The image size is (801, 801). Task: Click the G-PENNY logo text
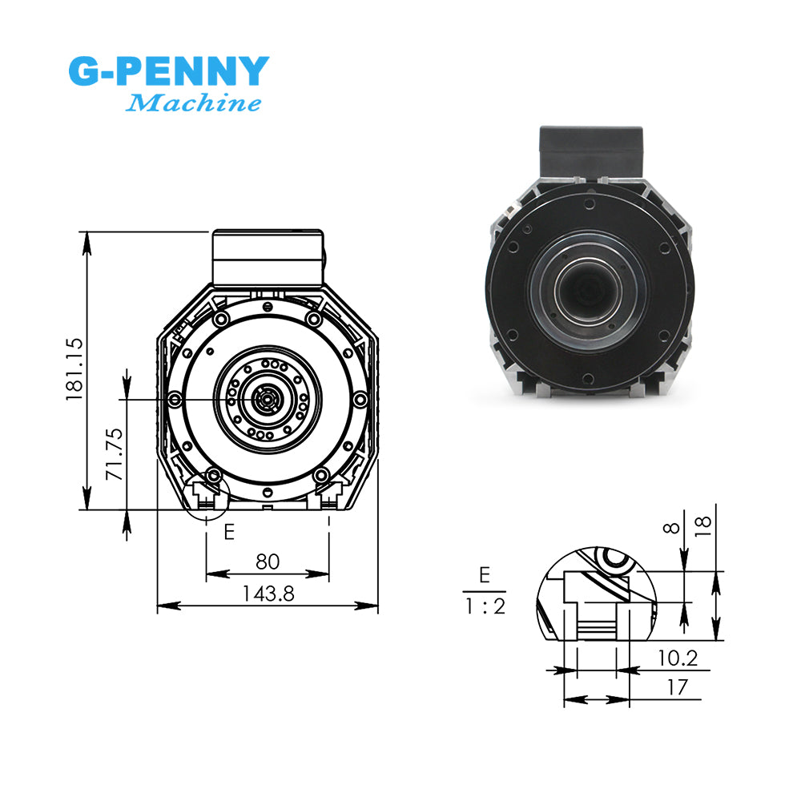click(x=167, y=71)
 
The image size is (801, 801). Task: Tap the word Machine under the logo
click(x=194, y=103)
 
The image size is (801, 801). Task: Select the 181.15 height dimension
click(x=74, y=368)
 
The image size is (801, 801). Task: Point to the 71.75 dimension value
click(x=115, y=453)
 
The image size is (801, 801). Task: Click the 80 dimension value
click(x=268, y=562)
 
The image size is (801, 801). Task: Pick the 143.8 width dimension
click(x=268, y=594)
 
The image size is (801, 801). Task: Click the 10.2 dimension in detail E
click(x=678, y=658)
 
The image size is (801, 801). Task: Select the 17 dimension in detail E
click(x=678, y=686)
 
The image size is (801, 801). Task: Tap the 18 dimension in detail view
click(x=702, y=525)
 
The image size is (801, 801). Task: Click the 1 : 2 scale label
click(x=485, y=606)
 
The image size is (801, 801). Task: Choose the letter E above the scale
click(x=484, y=574)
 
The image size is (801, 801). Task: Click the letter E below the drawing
click(x=229, y=531)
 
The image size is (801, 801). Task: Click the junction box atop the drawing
click(x=267, y=256)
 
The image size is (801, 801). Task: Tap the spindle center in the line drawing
click(x=264, y=397)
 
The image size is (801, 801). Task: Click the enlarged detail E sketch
click(x=597, y=597)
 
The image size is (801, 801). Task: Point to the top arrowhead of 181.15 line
click(x=86, y=238)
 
